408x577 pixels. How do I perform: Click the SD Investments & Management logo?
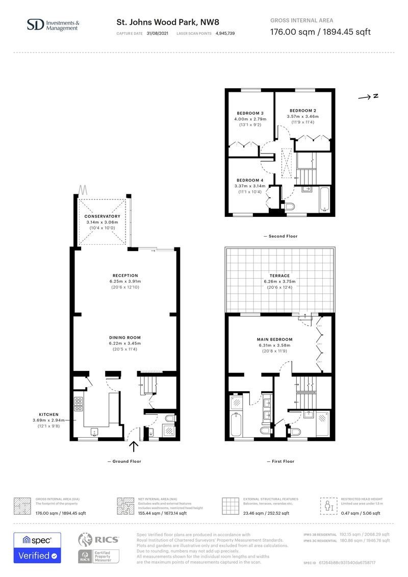click(53, 25)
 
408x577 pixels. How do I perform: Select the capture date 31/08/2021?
click(157, 33)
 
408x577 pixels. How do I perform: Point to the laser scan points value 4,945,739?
click(221, 33)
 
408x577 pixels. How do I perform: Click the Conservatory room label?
click(103, 216)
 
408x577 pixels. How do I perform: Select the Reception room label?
click(125, 275)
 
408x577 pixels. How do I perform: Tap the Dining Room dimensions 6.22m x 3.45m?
click(125, 343)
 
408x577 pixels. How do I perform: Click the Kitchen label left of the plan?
click(49, 415)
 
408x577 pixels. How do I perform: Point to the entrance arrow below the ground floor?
click(134, 447)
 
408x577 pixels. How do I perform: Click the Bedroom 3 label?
click(250, 113)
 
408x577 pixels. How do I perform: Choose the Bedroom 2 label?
click(303, 111)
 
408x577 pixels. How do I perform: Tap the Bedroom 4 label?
click(250, 180)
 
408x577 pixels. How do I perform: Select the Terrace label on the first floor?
click(280, 275)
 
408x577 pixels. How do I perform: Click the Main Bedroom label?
click(274, 339)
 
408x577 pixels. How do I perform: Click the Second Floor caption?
click(280, 236)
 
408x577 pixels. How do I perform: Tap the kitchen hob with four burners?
click(79, 404)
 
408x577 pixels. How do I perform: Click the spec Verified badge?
click(37, 548)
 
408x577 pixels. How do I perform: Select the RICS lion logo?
click(87, 540)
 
